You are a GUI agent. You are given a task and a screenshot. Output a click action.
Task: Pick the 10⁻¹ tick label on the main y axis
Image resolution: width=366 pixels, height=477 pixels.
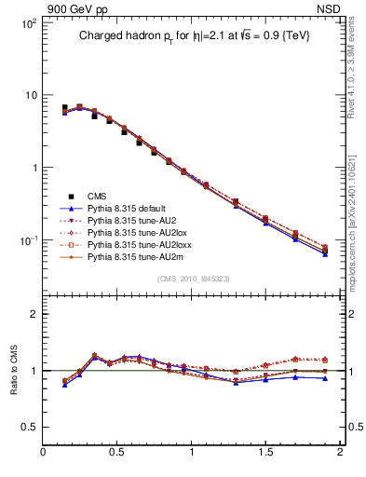click(27, 240)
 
